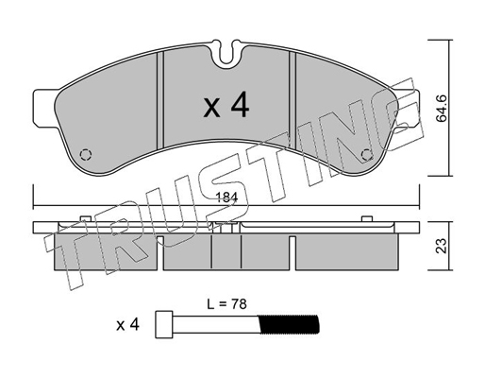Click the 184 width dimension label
pos(226,198)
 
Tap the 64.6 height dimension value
pos(442,109)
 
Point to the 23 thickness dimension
pos(442,246)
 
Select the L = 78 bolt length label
pos(226,304)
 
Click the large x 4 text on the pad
pos(226,107)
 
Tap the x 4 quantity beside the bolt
pos(127,324)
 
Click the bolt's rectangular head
pos(164,325)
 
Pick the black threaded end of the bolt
pos(289,324)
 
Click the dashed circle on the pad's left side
pos(86,154)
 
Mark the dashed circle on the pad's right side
pos(367,155)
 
